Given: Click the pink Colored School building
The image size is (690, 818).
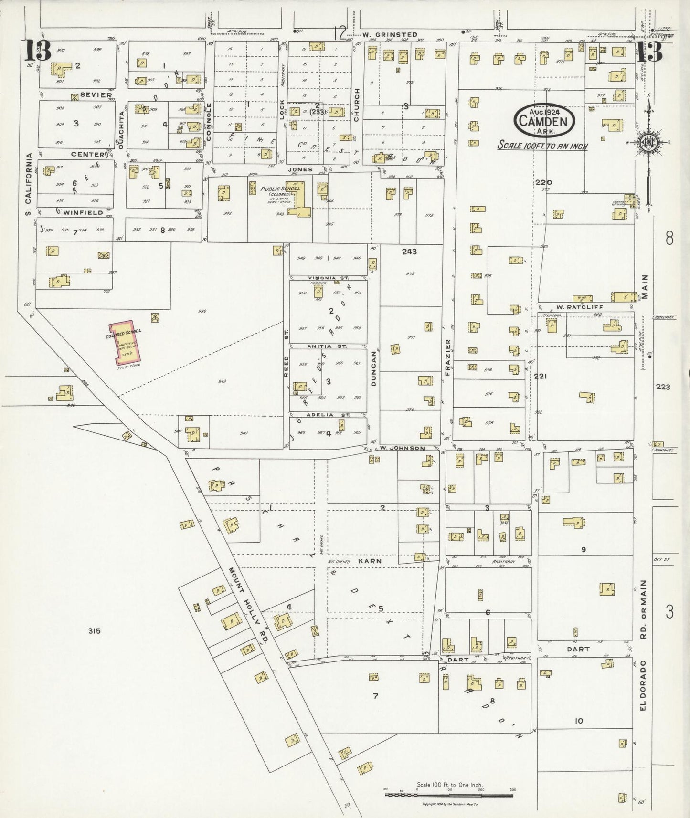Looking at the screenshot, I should tap(125, 342).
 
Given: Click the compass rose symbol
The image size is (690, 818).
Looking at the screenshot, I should tap(649, 142).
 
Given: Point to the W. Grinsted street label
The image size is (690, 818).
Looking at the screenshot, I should tap(389, 35).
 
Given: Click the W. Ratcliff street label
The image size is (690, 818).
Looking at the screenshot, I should tap(573, 307).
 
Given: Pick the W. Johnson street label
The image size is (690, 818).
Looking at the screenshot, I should tap(403, 448).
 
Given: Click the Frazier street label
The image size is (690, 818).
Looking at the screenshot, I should tap(448, 358).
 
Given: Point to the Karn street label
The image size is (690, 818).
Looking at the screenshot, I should tap(370, 561).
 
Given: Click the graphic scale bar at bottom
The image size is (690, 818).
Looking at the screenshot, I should tap(448, 794).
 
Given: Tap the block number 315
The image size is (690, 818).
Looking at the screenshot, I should tap(94, 631).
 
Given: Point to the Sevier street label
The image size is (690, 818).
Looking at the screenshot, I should tap(96, 95).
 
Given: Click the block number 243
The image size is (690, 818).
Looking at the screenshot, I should tap(409, 252).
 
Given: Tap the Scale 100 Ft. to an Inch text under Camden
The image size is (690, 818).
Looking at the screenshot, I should tap(542, 146).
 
